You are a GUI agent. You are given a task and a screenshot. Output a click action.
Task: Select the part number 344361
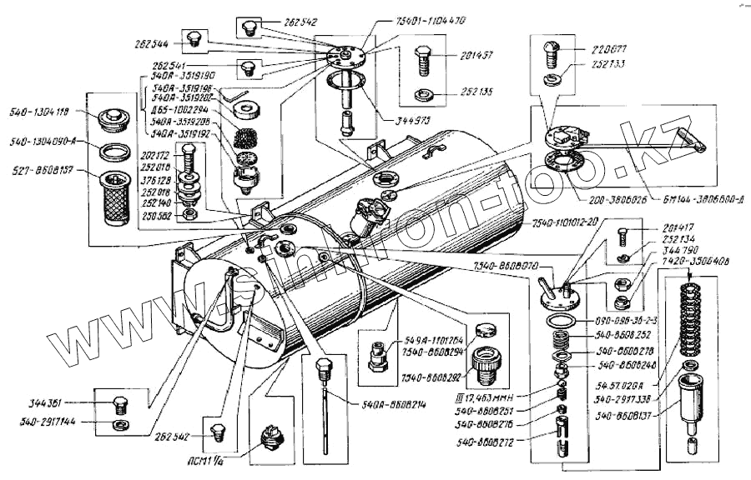[63, 401]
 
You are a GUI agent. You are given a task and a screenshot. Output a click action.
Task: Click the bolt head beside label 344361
[118, 407]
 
